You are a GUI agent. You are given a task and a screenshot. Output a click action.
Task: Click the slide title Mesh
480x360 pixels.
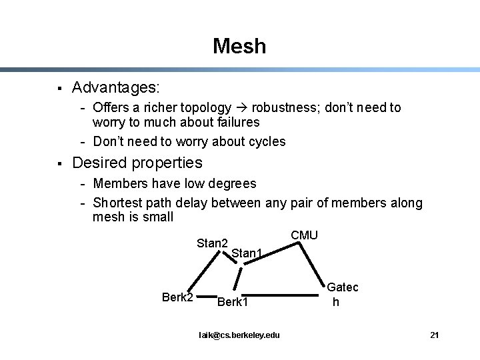pyautogui.click(x=239, y=46)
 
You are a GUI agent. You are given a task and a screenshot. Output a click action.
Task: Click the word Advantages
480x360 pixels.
pyautogui.click(x=115, y=87)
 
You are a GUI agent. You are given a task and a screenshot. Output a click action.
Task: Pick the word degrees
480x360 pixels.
pyautogui.click(x=232, y=183)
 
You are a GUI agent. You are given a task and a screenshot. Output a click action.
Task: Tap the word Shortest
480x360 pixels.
pyautogui.click(x=118, y=203)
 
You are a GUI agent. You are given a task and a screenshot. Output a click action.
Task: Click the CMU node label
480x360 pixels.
pyautogui.click(x=305, y=235)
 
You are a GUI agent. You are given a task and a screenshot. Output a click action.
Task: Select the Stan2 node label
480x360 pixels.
pyautogui.click(x=212, y=243)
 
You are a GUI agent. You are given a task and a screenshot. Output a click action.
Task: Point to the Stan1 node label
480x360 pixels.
pyautogui.click(x=246, y=253)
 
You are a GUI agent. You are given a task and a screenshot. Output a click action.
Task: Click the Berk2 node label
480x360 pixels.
pyautogui.click(x=177, y=297)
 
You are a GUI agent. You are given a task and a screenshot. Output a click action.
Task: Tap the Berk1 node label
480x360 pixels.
pyautogui.click(x=232, y=303)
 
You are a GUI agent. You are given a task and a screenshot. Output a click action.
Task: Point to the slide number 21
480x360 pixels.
pyautogui.click(x=434, y=335)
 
